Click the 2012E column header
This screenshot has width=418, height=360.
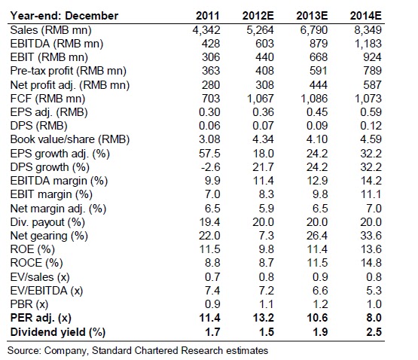click(x=258, y=16)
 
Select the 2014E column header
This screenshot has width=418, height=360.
click(x=366, y=16)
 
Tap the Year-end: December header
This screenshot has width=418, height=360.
click(x=64, y=16)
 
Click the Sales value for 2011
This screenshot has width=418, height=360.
click(x=206, y=30)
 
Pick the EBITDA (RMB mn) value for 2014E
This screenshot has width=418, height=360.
click(x=368, y=44)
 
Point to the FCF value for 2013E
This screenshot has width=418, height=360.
click(x=314, y=99)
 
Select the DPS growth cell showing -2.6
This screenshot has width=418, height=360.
click(x=210, y=167)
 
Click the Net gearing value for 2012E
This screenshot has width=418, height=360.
click(x=267, y=236)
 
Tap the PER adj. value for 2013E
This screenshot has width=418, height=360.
click(x=317, y=318)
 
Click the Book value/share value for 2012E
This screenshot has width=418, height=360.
click(x=264, y=139)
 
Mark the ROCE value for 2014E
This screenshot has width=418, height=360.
click(x=371, y=263)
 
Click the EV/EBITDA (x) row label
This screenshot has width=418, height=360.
click(x=47, y=291)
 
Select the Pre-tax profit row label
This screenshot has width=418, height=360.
click(x=69, y=71)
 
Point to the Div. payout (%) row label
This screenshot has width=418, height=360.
click(x=47, y=222)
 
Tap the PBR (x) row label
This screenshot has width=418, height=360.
click(x=29, y=304)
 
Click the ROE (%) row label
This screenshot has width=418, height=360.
click(x=32, y=249)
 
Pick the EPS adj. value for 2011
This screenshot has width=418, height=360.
click(x=209, y=112)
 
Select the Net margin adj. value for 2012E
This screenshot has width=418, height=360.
click(x=267, y=208)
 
